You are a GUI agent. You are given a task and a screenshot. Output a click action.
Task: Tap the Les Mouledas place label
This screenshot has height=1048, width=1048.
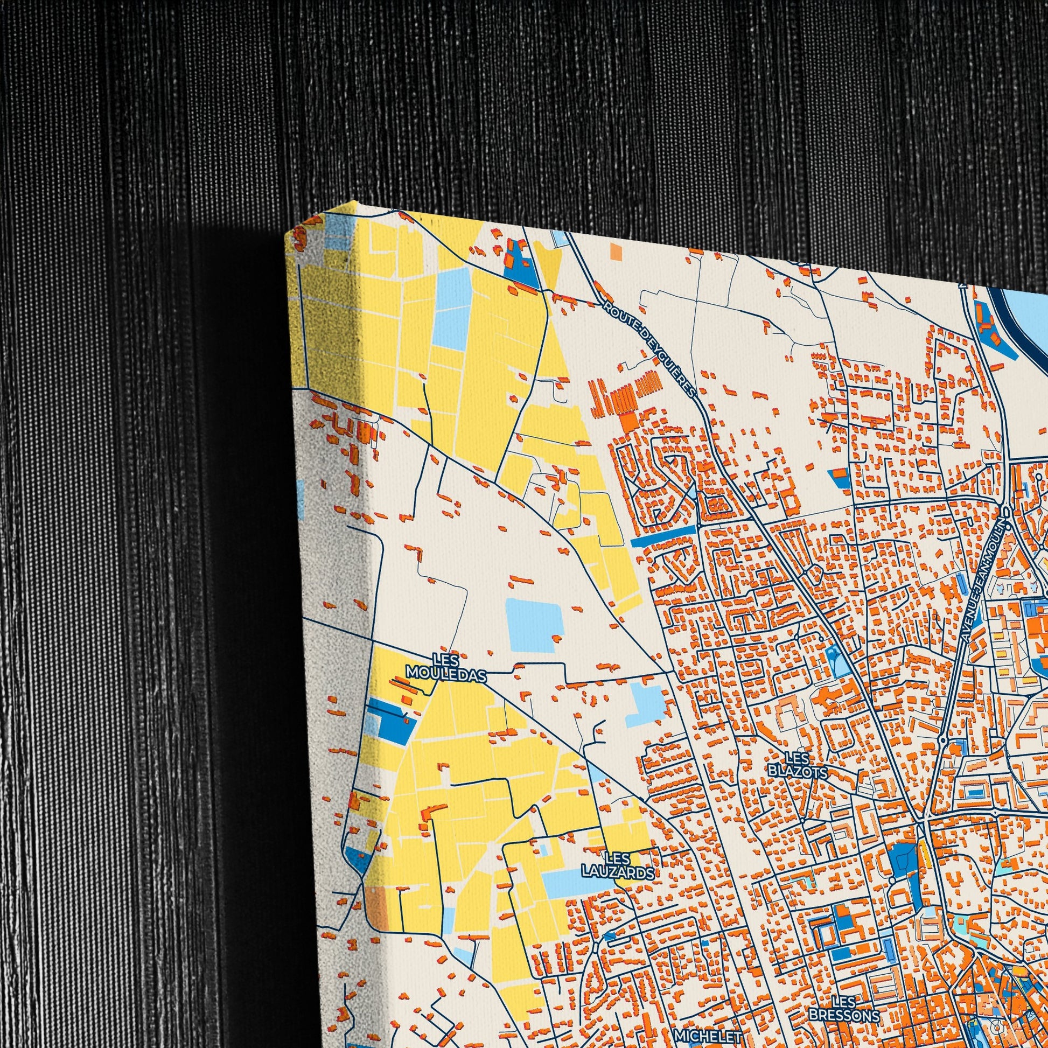[x=446, y=667]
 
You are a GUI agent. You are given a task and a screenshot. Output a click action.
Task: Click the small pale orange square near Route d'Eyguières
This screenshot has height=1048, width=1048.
[x=616, y=250]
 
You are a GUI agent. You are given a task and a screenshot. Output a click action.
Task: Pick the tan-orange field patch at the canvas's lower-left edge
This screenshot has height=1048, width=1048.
[x=376, y=905]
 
